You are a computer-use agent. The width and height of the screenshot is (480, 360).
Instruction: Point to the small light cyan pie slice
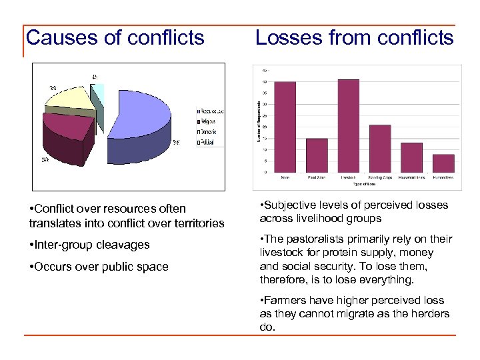tap(98, 94)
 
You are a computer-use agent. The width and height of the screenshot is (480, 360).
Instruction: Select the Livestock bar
tap(349, 126)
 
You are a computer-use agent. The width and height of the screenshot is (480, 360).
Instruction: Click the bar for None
tap(285, 127)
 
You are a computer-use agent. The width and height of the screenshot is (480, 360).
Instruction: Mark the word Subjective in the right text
tap(291, 205)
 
